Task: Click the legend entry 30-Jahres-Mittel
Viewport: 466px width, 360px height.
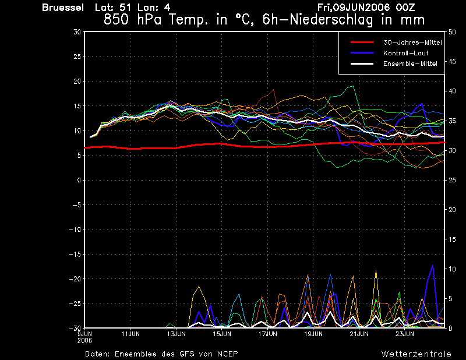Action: [x=412, y=43]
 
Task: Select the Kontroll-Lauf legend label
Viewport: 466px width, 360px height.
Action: [x=405, y=53]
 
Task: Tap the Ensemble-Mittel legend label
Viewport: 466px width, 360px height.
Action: [x=410, y=63]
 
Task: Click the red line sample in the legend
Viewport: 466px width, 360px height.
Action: [x=362, y=43]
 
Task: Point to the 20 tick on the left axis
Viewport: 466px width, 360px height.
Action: [x=77, y=81]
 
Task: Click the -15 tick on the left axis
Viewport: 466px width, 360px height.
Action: [x=75, y=254]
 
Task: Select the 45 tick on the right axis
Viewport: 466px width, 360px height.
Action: [x=452, y=62]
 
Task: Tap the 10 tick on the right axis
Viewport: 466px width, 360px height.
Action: [x=452, y=269]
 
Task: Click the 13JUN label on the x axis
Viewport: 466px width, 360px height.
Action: [x=176, y=334]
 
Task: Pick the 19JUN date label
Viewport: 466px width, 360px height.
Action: [x=313, y=334]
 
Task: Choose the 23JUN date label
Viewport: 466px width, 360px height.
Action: [x=405, y=334]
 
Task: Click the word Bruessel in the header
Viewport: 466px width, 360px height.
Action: [x=63, y=8]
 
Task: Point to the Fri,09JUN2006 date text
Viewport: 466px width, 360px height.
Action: [x=366, y=7]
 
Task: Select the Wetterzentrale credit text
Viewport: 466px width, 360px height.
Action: [x=416, y=354]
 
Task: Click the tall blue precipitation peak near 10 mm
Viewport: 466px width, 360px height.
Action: [x=432, y=265]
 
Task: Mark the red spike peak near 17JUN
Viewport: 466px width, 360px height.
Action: [x=273, y=90]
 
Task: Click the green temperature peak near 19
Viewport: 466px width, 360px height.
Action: [x=353, y=86]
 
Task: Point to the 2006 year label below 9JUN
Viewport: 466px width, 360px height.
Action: [x=84, y=341]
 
